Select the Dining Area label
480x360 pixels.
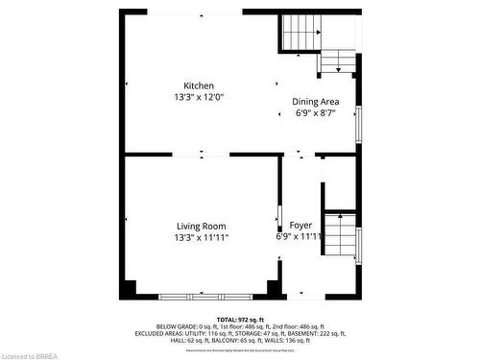point(316,101)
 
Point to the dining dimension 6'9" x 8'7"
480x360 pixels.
point(316,112)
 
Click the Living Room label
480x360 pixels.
point(201,226)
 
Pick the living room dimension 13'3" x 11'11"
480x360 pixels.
point(202,237)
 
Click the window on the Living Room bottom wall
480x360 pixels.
point(200,295)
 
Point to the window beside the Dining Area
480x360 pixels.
point(360,124)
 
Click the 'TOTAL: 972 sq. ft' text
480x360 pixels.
point(240,319)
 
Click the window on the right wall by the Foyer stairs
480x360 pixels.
point(358,246)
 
